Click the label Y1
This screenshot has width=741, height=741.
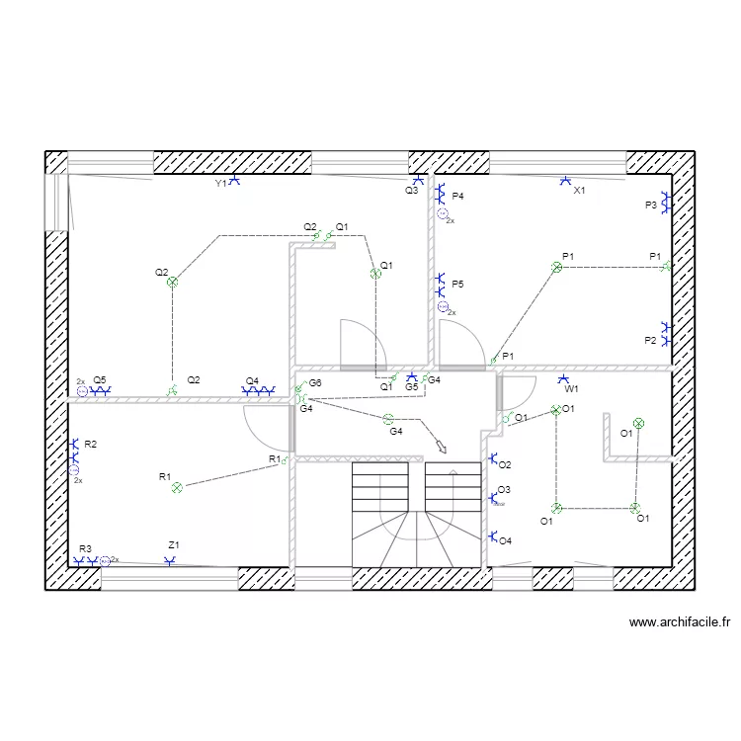(220, 184)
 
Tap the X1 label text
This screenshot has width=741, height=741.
(579, 191)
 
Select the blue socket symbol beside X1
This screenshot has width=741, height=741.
(565, 181)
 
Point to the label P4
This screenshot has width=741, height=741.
(457, 197)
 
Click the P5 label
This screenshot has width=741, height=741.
(457, 284)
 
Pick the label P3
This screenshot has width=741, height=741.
(651, 206)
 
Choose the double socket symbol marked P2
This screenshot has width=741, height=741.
(666, 334)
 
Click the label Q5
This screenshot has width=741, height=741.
(100, 380)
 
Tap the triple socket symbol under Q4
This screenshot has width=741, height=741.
(258, 391)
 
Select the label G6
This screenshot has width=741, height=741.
(315, 382)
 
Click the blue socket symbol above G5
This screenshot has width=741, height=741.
(412, 376)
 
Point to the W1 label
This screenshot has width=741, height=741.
(571, 389)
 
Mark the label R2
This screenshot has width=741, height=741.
(90, 445)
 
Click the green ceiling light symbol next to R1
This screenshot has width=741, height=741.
(177, 488)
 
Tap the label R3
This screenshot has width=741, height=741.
(85, 548)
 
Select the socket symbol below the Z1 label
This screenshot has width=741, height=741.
(170, 561)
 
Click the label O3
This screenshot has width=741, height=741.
(504, 490)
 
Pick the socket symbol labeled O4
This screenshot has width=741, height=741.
(492, 536)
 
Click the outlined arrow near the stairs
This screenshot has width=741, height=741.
(441, 447)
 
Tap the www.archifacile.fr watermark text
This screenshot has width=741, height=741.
(680, 622)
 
